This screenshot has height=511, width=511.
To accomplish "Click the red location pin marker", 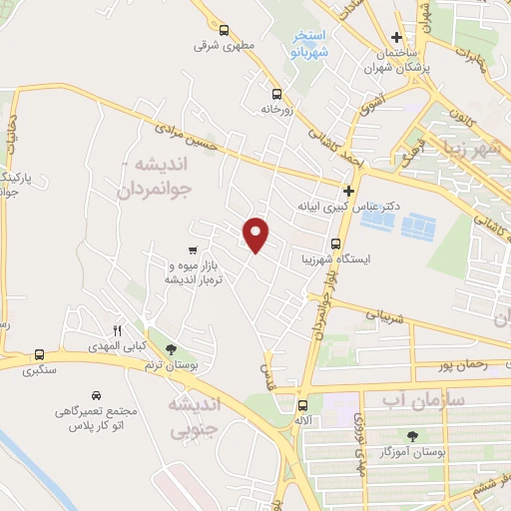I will click(x=256, y=235).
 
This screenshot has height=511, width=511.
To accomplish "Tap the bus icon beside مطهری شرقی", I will click(x=224, y=31).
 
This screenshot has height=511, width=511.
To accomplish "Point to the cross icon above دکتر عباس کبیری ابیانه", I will click(x=348, y=190).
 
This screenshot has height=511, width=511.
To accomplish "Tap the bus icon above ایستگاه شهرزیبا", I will click(x=334, y=243).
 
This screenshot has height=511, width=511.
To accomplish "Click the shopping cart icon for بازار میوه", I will click(x=192, y=250).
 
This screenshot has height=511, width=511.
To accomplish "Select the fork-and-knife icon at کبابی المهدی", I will click(x=117, y=330).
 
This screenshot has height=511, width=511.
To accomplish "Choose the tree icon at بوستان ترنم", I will click(x=172, y=349).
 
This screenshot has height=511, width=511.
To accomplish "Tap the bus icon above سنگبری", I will click(x=39, y=354).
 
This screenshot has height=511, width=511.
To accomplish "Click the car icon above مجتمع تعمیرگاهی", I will click(x=96, y=395).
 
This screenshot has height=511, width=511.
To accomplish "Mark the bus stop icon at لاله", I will click(x=302, y=404).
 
